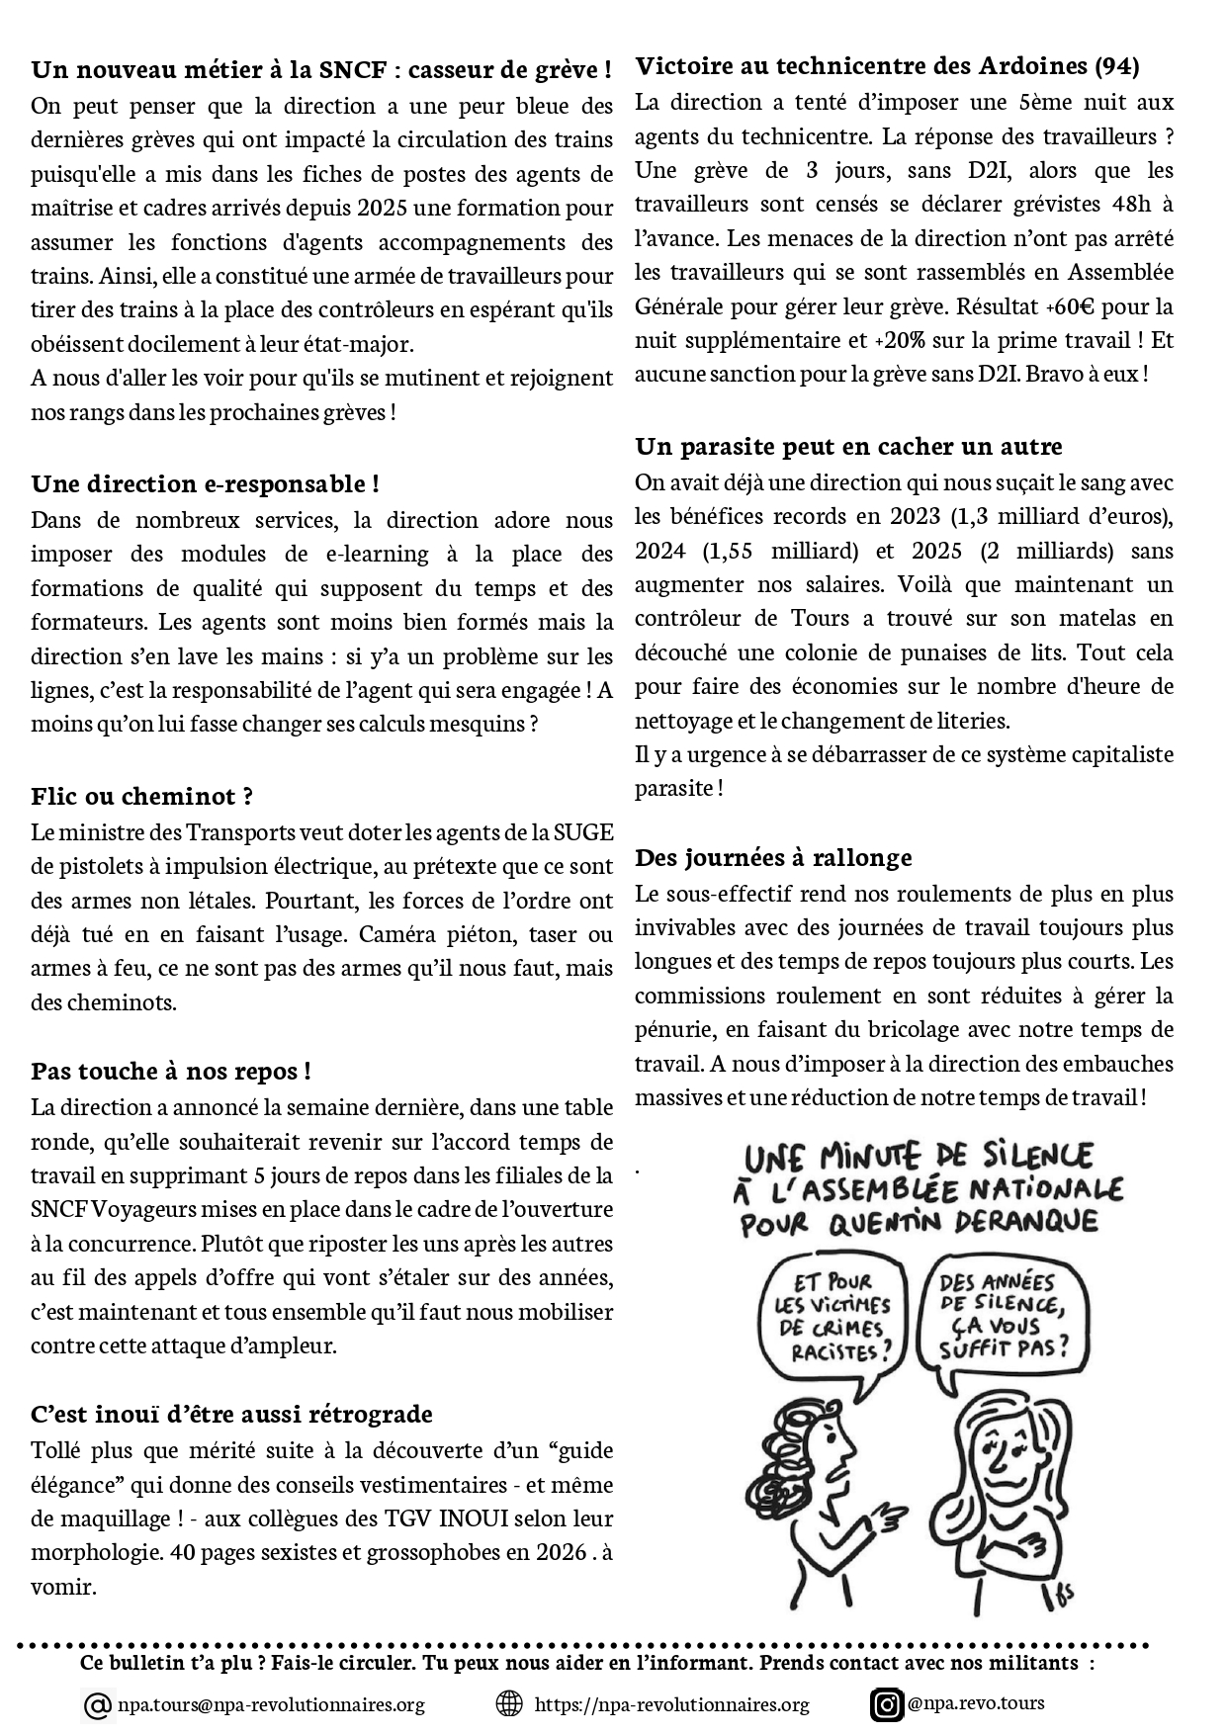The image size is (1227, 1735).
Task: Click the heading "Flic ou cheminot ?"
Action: (142, 797)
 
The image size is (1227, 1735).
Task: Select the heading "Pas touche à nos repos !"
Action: (171, 1072)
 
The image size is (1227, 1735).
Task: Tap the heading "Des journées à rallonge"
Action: (773, 857)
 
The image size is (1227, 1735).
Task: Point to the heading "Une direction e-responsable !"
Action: (206, 484)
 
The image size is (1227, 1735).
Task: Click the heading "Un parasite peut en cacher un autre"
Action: (848, 447)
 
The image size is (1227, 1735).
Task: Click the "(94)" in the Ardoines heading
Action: (1117, 66)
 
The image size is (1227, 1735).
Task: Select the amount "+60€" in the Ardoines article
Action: (1091, 306)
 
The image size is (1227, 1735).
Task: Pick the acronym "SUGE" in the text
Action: (583, 832)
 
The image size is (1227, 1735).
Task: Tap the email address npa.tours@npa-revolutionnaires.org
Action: (271, 1704)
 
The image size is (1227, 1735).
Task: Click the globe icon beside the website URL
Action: (508, 1703)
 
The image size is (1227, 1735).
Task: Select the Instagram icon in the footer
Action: (887, 1704)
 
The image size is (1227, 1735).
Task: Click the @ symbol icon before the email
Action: (98, 1705)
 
